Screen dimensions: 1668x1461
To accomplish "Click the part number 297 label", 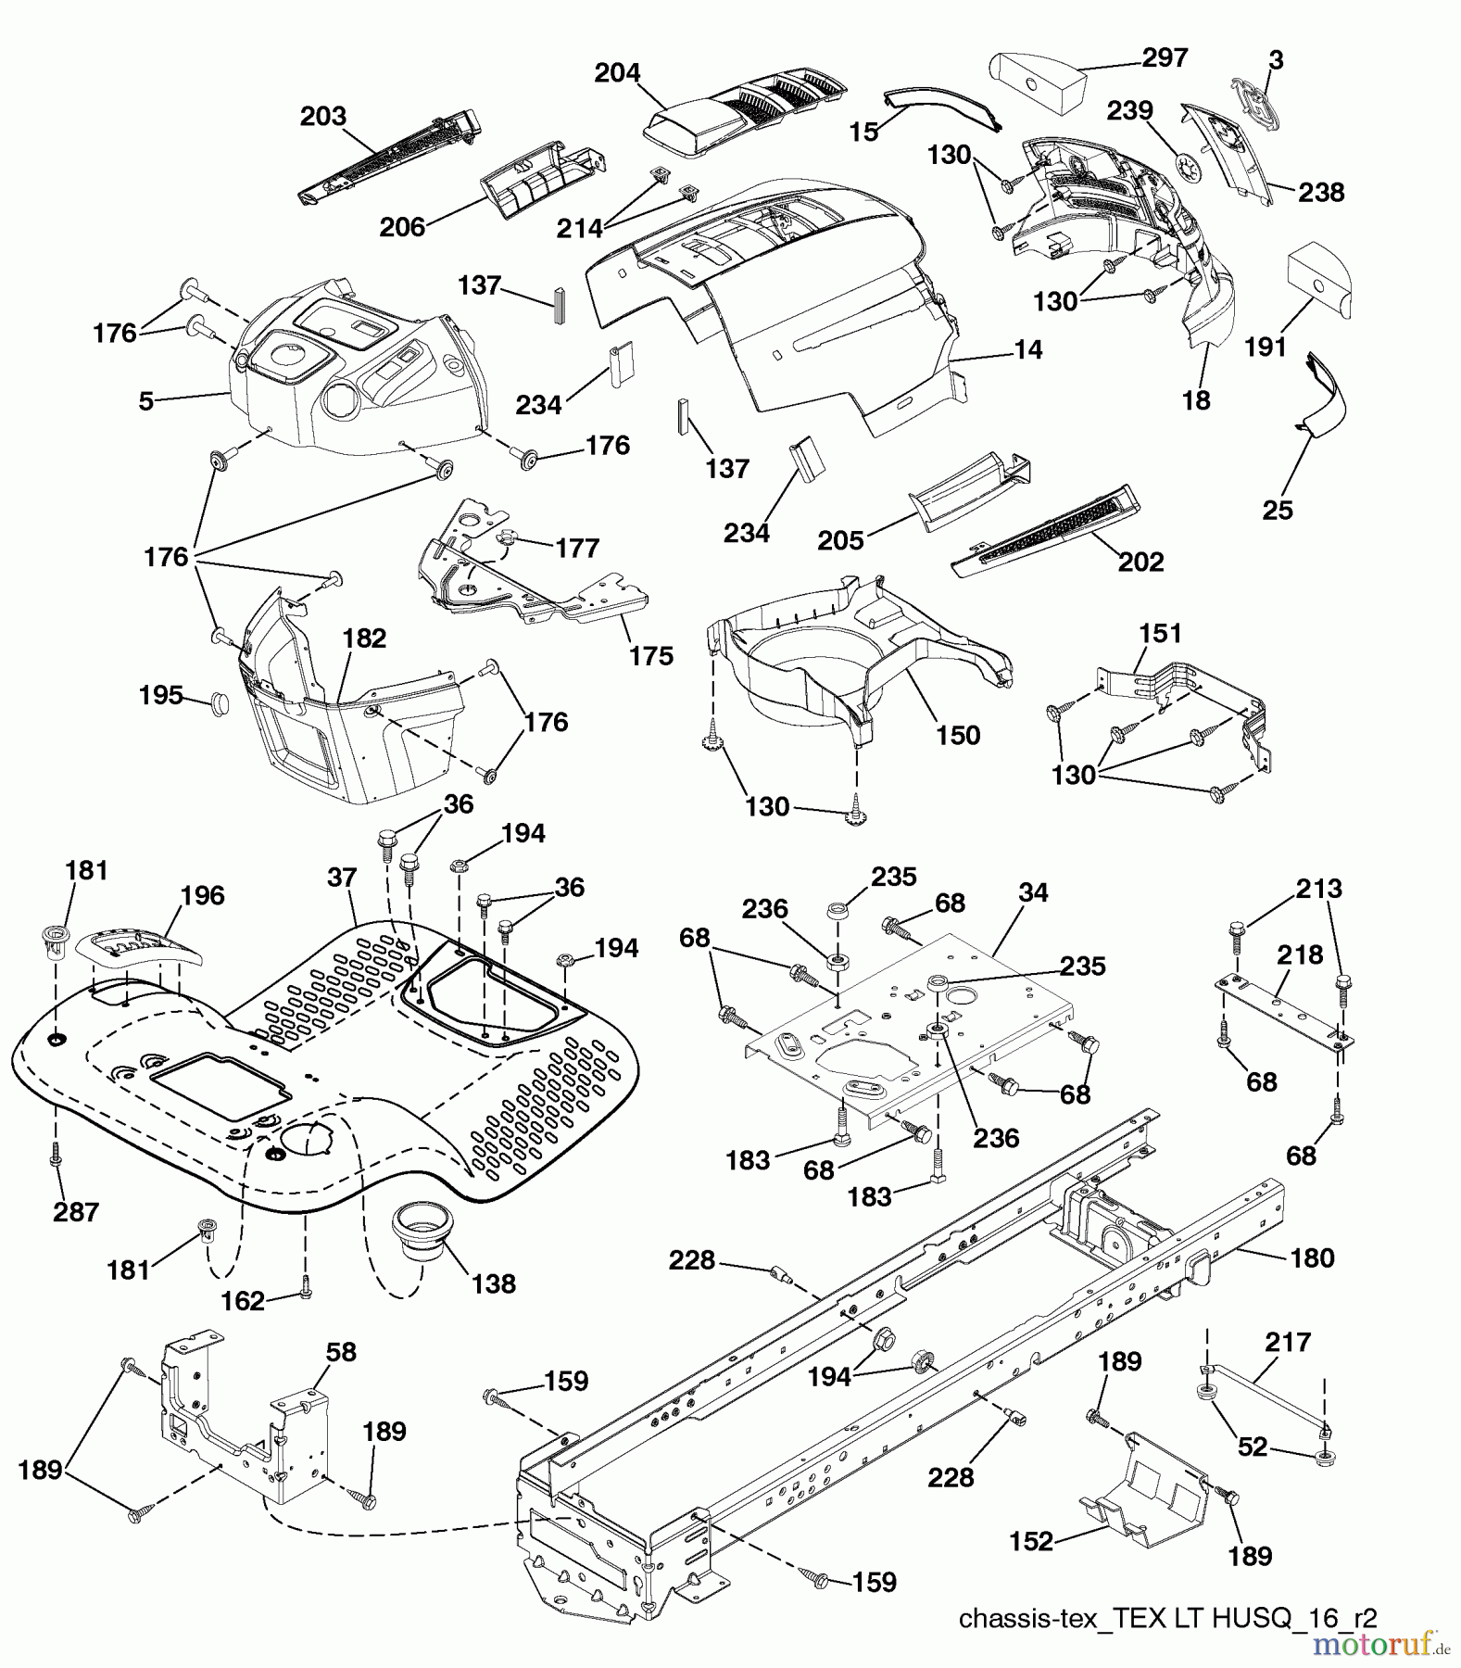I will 1165,57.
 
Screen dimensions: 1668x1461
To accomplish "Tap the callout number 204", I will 617,72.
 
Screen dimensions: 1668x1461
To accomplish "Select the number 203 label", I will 322,116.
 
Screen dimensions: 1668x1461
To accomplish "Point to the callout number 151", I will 1160,634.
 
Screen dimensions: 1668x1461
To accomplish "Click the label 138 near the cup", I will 493,1283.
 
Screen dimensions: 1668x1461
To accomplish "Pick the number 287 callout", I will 76,1211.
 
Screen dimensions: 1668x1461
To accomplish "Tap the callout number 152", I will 1031,1541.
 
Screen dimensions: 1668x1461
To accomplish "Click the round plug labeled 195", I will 220,701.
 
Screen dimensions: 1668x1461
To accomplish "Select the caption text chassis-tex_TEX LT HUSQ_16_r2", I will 1167,1619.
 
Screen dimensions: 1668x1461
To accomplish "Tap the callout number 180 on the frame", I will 1312,1257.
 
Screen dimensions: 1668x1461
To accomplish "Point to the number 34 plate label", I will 1032,892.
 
